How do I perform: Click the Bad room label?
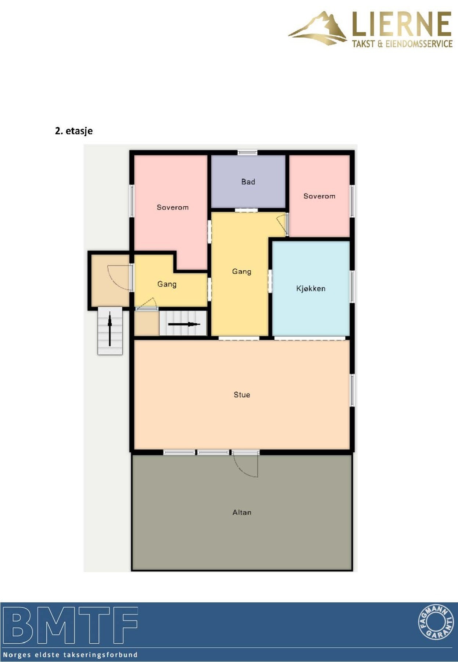point(248,182)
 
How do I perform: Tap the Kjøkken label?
point(311,288)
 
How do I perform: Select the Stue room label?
point(242,395)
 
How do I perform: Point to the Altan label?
point(242,512)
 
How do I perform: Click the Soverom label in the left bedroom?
point(173,207)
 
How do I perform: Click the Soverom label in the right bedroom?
point(319,196)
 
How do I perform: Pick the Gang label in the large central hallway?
point(242,272)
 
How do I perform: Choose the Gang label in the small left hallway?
point(167,284)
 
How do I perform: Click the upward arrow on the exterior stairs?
point(110,329)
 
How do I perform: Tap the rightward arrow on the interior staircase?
point(184,324)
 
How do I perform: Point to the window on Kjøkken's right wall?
point(352,286)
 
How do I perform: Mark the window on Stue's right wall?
point(352,390)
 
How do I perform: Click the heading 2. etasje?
point(74,131)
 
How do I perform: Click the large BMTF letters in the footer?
point(71,625)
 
